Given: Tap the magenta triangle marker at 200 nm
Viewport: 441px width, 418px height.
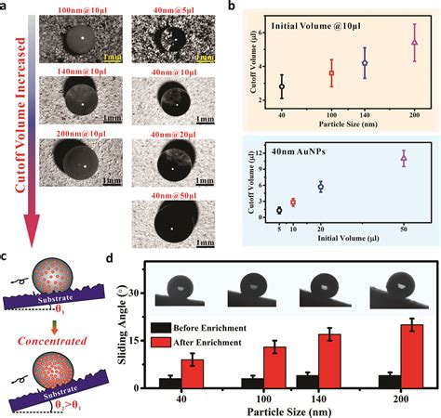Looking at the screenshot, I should (x=415, y=43).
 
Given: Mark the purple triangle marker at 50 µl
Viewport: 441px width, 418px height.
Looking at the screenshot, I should (x=404, y=159).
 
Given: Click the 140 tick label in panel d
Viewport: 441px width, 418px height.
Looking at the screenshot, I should (x=327, y=398).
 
